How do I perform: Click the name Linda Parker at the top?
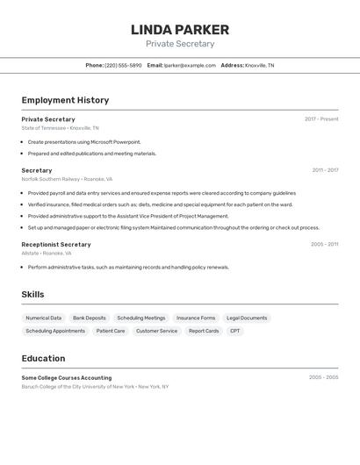[180, 30]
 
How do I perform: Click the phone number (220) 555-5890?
[123, 65]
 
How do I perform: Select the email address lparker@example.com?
[190, 65]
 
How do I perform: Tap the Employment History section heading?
[65, 100]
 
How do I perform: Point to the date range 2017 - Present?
[321, 119]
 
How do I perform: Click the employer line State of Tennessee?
[60, 128]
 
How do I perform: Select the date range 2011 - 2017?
[325, 170]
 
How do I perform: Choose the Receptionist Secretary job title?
[56, 245]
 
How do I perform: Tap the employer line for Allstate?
[47, 253]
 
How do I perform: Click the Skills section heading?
[32, 295]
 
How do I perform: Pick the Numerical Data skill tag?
[44, 318]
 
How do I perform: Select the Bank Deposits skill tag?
[90, 318]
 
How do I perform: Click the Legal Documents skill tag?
[247, 318]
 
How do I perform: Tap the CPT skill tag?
[234, 331]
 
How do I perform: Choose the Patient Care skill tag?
[111, 331]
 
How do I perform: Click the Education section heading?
[43, 358]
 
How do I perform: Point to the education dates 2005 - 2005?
[323, 377]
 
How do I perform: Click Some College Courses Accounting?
[67, 377]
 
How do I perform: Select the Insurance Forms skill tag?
[196, 318]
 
